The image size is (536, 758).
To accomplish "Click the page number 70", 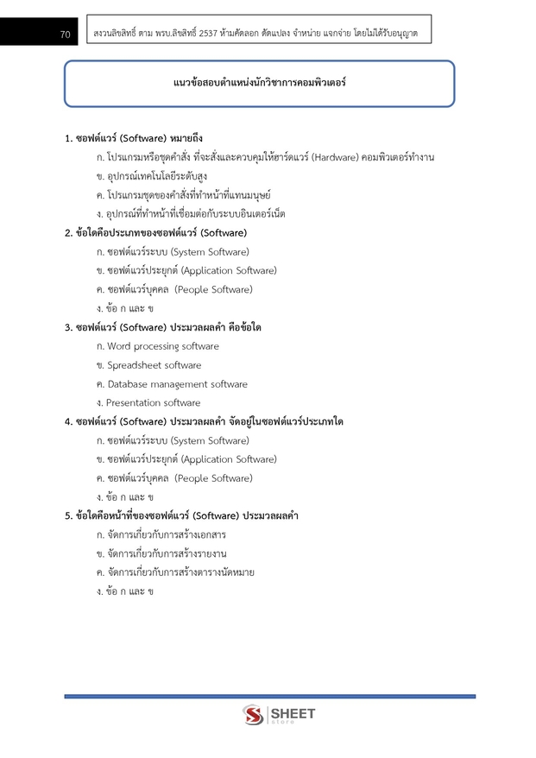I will point(65,35).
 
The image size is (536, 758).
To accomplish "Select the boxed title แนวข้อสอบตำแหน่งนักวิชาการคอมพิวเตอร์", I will point(260,84).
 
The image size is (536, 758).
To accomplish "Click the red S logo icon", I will point(253,715).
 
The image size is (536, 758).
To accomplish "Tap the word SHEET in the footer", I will point(293,713).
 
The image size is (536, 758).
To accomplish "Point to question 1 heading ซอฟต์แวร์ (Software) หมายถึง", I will point(138,138).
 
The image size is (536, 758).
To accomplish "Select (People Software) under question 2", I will point(214,290).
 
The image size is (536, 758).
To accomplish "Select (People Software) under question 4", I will point(214,478).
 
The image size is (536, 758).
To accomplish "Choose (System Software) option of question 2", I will point(210,252).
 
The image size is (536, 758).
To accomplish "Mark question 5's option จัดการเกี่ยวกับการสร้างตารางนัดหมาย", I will point(180,572).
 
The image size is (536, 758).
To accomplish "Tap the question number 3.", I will point(68,327).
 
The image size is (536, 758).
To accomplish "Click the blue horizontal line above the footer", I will point(269,696).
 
